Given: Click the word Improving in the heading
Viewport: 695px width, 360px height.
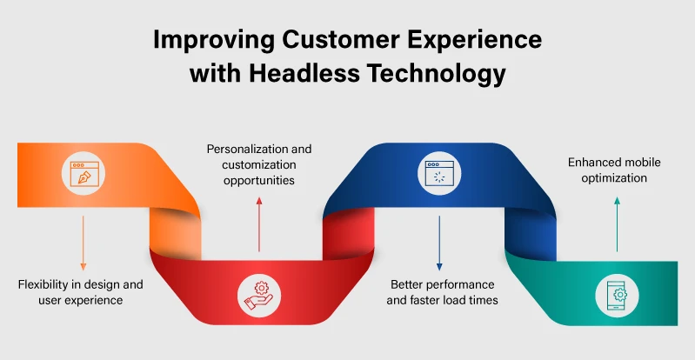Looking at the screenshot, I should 205,40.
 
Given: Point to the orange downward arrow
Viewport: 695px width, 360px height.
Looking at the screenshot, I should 83,242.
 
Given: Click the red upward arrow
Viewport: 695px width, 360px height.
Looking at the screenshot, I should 258,223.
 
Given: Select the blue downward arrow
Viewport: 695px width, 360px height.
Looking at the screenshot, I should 439,243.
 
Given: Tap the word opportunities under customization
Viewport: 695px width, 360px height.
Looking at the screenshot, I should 258,180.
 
